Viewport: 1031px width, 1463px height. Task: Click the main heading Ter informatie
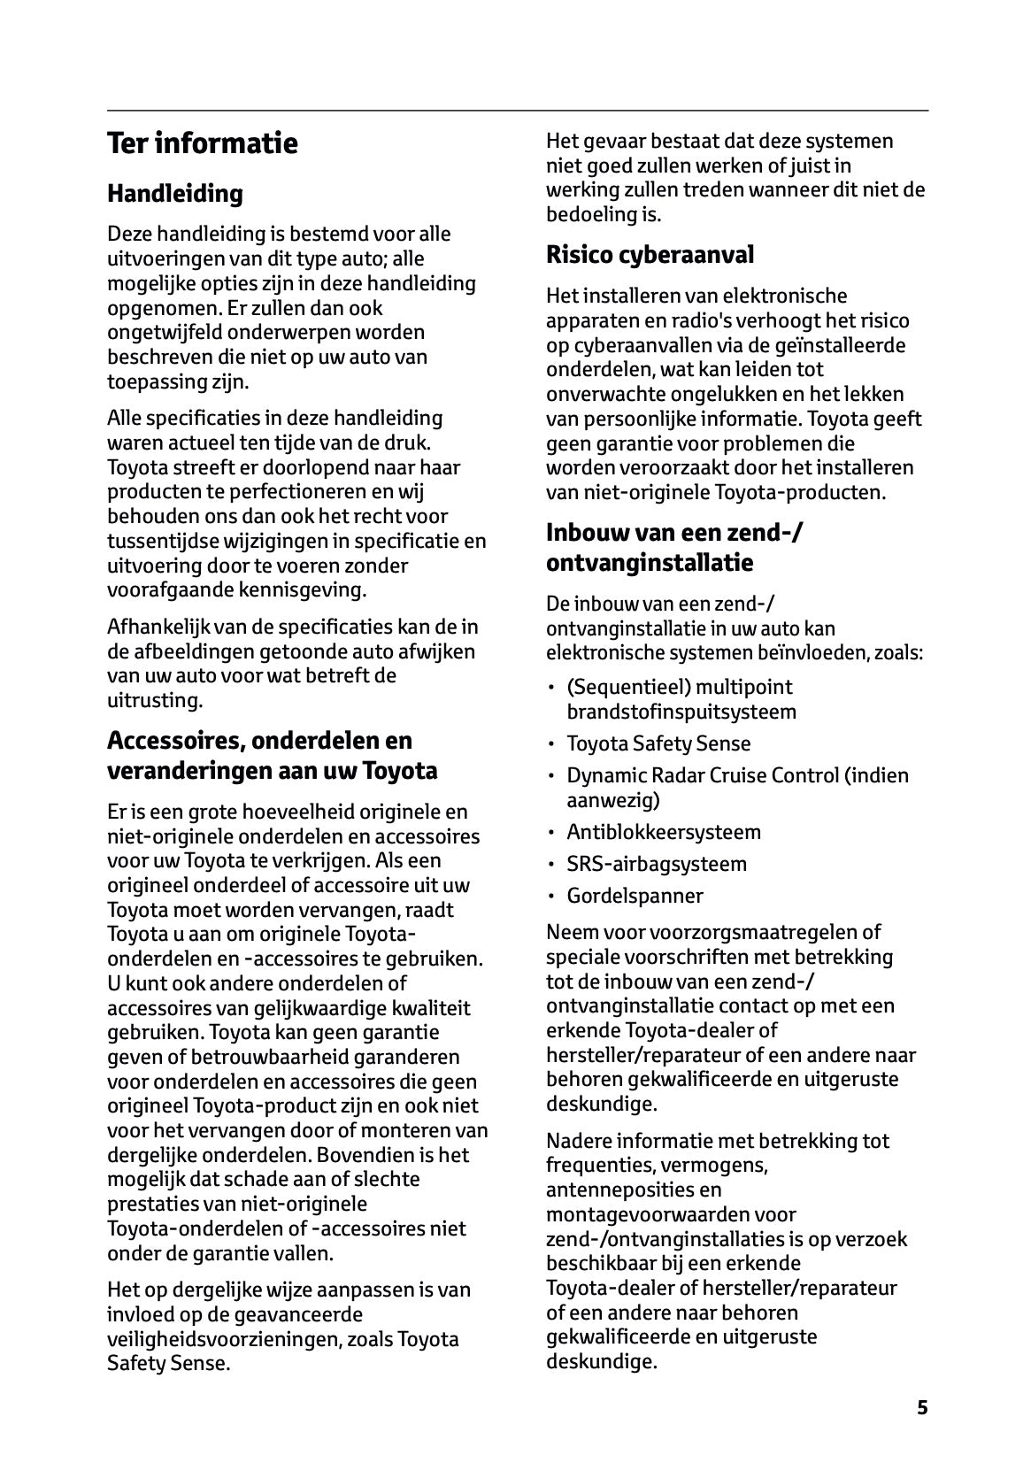coord(202,143)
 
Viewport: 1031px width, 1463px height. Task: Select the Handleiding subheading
coord(174,193)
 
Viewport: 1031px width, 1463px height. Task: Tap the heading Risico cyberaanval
coord(650,255)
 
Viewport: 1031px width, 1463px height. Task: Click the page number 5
coord(922,1408)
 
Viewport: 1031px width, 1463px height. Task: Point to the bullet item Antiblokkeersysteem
coord(663,832)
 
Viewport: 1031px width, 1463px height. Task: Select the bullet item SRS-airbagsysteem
coord(656,864)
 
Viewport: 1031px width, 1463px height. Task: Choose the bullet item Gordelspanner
coord(635,896)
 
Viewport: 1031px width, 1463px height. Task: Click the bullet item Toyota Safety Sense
coord(658,743)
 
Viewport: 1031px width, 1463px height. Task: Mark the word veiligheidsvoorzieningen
coord(220,1339)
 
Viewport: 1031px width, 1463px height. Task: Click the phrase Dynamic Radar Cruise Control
coord(702,775)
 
